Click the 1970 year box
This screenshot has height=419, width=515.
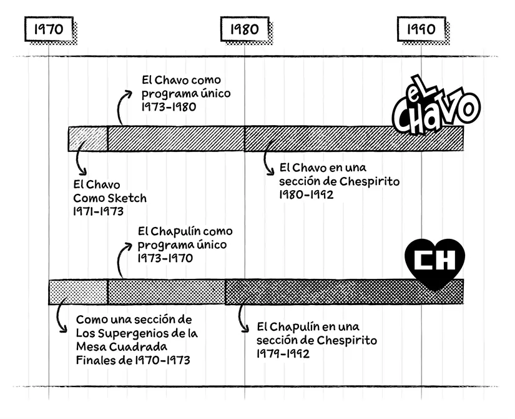click(x=48, y=29)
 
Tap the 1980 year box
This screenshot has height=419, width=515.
click(x=244, y=29)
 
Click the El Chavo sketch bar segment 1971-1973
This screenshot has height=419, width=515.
click(x=87, y=138)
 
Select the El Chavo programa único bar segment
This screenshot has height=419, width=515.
click(x=175, y=138)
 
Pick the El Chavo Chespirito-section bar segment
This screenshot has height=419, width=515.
click(x=353, y=138)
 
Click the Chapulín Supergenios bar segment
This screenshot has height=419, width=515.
click(x=78, y=292)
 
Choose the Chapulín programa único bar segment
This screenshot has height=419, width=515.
click(x=166, y=292)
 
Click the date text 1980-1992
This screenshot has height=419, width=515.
click(x=307, y=194)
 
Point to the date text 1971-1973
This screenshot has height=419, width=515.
click(x=98, y=211)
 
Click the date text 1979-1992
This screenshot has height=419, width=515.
click(x=283, y=354)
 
